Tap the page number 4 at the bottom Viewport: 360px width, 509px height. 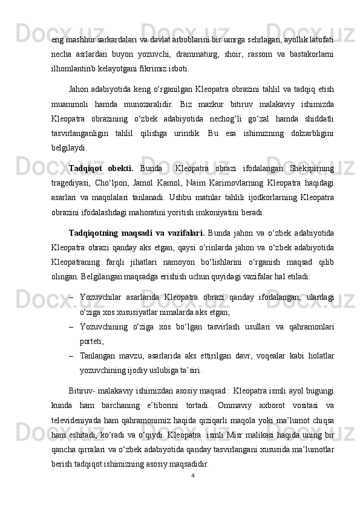pyautogui.click(x=192, y=475)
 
